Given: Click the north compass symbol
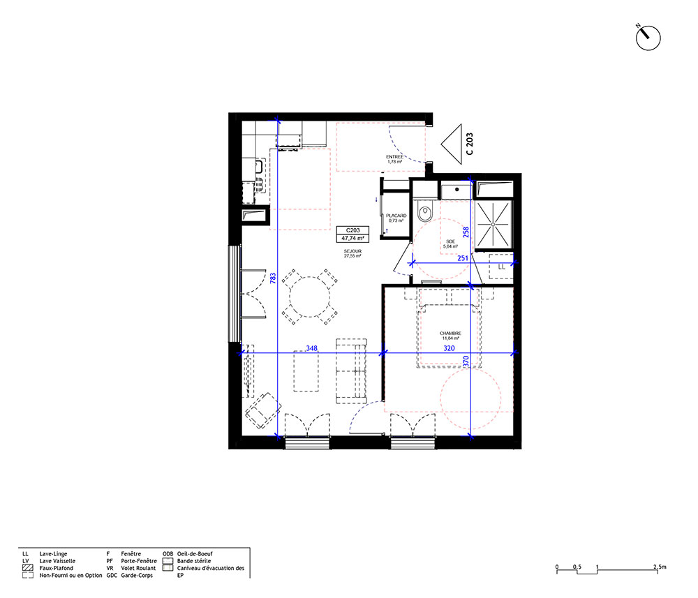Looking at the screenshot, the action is pos(648,38).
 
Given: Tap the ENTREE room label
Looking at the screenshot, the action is pos(394,157).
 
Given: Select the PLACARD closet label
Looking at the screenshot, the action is pos(396,216).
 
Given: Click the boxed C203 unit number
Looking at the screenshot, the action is pos(352,230).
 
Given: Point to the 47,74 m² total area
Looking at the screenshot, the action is pos(352,239).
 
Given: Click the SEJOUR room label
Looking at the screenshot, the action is pos(352,251).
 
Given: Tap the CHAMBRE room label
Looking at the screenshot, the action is pos(450,334).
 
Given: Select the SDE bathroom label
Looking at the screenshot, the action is pos(450,241).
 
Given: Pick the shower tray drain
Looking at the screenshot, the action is pos(493,225).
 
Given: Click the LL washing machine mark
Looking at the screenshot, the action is pos(502,267).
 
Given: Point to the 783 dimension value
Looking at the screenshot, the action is pos(273,278).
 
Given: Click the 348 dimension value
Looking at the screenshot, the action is pos(311,348).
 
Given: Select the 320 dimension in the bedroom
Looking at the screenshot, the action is pos(449,348).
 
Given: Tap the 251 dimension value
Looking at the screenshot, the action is pos(463,258).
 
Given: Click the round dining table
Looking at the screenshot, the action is pos(310,297).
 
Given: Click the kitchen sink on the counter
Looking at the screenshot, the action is pos(258,167).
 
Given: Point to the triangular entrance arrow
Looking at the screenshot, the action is pos(452,144).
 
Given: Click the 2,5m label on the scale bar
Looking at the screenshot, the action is pos(660,567).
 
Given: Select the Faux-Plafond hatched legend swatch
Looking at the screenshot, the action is pos(28,568).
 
